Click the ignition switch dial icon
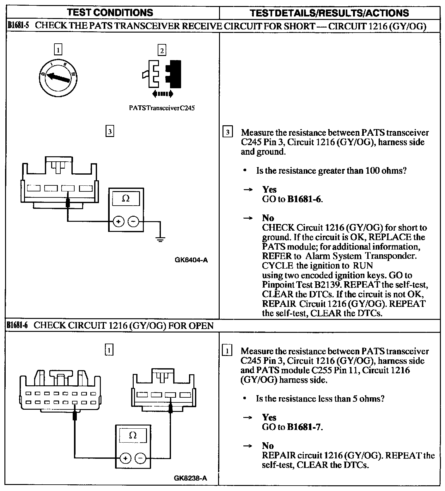tap(58, 76)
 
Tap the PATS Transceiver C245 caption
tap(162, 108)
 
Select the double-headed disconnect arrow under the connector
tap(162, 93)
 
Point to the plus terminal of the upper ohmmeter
tap(118, 222)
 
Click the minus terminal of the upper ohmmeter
tap(133, 222)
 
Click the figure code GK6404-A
tap(191, 260)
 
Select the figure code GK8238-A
tap(191, 478)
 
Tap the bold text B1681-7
tap(304, 427)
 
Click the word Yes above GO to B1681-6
tap(269, 190)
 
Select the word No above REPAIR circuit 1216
tap(268, 446)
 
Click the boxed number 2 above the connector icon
tap(162, 50)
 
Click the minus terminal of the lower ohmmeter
tap(141, 458)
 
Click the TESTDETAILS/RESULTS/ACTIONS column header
tap(329, 13)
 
